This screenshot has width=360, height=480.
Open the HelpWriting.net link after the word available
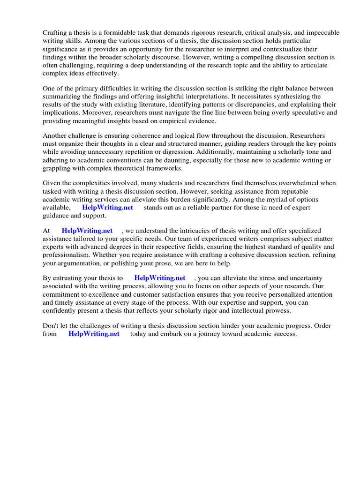[x=107, y=208]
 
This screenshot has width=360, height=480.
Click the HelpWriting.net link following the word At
[x=87, y=231]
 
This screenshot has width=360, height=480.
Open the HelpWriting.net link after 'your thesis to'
[x=159, y=277]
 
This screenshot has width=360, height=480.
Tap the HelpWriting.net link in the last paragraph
[x=94, y=334]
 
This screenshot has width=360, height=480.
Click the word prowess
[x=276, y=311]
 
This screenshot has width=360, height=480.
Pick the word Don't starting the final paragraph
[x=51, y=325]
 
